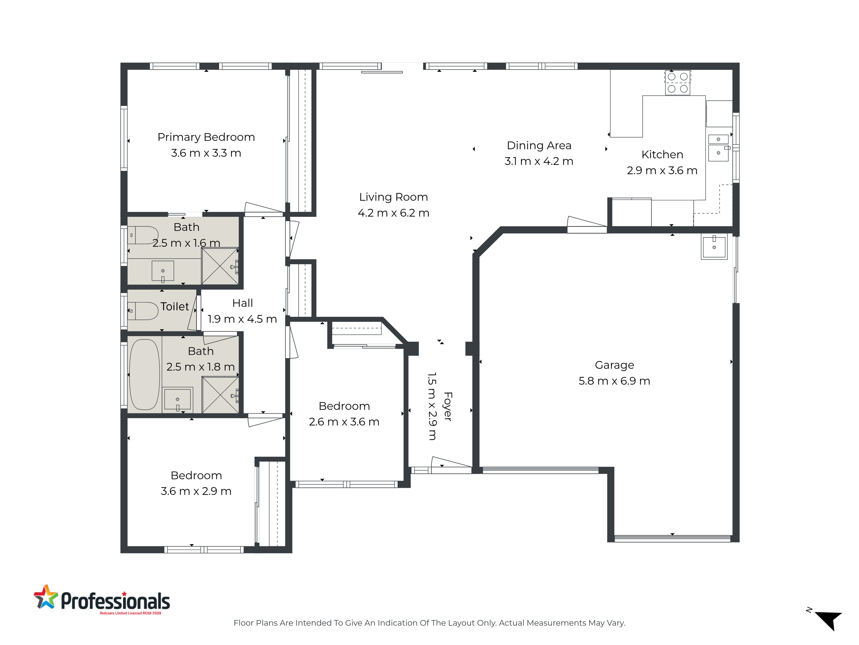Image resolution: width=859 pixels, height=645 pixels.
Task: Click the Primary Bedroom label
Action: (x=206, y=137)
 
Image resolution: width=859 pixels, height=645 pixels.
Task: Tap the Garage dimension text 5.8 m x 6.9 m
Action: (x=614, y=381)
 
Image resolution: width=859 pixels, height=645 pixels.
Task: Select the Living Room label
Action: (x=393, y=197)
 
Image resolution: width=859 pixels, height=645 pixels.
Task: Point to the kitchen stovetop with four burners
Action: (x=678, y=82)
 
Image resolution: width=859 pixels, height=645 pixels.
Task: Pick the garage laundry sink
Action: (x=714, y=246)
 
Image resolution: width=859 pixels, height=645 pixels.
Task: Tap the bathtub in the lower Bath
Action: (x=144, y=374)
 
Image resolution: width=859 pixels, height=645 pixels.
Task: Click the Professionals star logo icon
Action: (x=46, y=597)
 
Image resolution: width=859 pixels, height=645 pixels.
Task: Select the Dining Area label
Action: (x=539, y=145)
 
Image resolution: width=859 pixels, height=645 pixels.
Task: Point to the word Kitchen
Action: (x=662, y=155)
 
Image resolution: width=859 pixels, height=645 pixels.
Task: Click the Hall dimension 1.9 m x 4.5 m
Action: (x=242, y=319)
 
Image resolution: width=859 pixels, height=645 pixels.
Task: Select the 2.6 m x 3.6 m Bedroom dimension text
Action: (x=344, y=422)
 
